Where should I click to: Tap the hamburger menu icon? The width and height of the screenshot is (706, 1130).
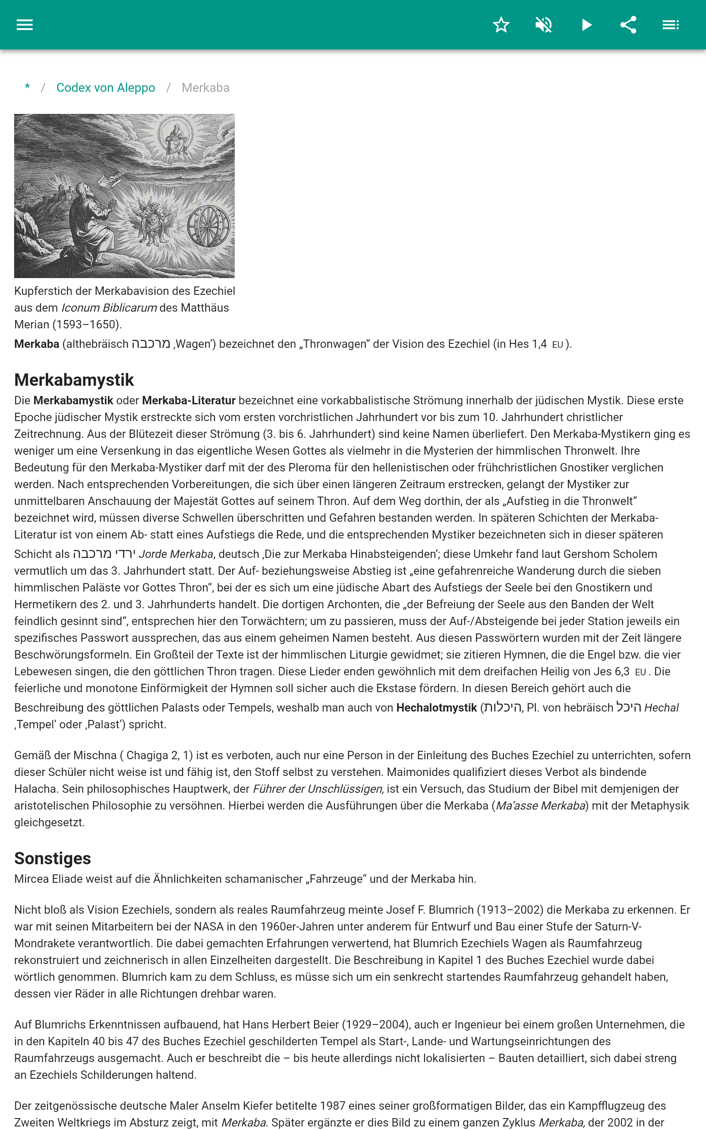pyautogui.click(x=25, y=25)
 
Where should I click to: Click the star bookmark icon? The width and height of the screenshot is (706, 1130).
pyautogui.click(x=501, y=25)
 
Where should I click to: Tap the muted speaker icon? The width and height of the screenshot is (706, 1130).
pyautogui.click(x=544, y=25)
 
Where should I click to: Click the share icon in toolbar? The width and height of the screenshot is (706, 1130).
pyautogui.click(x=628, y=25)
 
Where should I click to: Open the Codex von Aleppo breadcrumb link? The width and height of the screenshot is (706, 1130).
pyautogui.click(x=105, y=88)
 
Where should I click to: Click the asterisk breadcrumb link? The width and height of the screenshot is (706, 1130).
pyautogui.click(x=27, y=87)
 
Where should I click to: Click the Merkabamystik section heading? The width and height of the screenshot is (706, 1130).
pyautogui.click(x=74, y=380)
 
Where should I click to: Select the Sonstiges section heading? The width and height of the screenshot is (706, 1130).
pyautogui.click(x=53, y=858)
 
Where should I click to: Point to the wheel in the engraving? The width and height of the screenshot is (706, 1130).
pyautogui.click(x=208, y=226)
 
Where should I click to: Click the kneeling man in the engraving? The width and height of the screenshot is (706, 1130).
pyautogui.click(x=91, y=219)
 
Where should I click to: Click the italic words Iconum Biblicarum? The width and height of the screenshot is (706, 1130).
pyautogui.click(x=109, y=308)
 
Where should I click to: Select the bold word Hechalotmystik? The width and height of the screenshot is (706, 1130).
pyautogui.click(x=436, y=708)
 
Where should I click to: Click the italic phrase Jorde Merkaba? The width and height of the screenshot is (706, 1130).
pyautogui.click(x=176, y=554)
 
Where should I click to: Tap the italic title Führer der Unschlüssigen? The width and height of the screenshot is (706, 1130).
pyautogui.click(x=318, y=789)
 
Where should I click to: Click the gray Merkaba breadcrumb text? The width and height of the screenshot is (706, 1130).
pyautogui.click(x=206, y=88)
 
